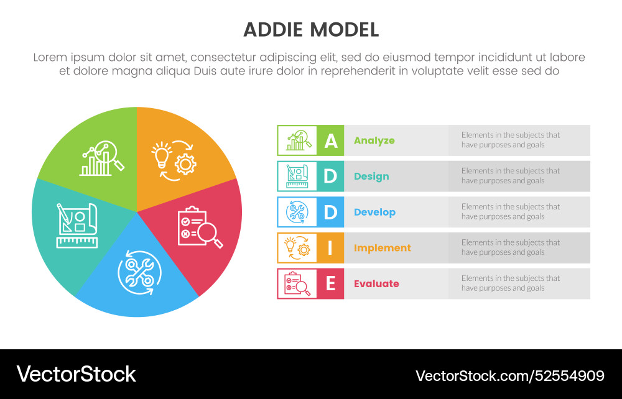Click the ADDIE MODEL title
(x=310, y=29)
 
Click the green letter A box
(x=330, y=140)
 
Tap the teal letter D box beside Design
(x=330, y=177)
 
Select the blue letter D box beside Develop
(x=330, y=212)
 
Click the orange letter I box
(x=330, y=248)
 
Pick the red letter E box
(x=330, y=284)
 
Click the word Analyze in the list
(x=374, y=140)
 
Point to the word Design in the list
(x=371, y=177)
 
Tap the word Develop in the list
(x=374, y=212)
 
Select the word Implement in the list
(x=383, y=248)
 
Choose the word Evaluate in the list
(x=376, y=284)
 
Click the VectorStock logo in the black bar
(x=76, y=374)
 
